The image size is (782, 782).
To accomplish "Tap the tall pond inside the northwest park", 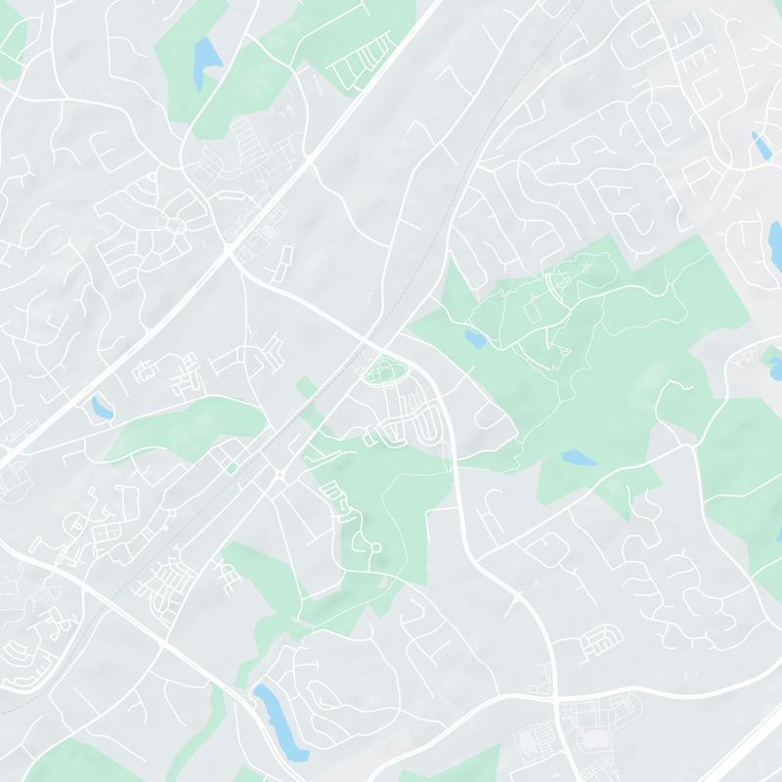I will pos(206,61).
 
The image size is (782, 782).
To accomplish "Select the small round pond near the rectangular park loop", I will pos(475,339).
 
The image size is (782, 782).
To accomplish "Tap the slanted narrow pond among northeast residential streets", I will pos(760,146).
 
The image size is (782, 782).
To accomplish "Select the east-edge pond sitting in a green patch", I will pos(774,368).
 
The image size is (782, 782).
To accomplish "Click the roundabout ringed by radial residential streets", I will pos(177,227).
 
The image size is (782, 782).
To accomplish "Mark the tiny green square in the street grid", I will pos(232,468).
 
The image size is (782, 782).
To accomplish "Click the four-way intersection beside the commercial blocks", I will pos(556,701).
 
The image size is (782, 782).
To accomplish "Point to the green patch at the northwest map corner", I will pos(12,44).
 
